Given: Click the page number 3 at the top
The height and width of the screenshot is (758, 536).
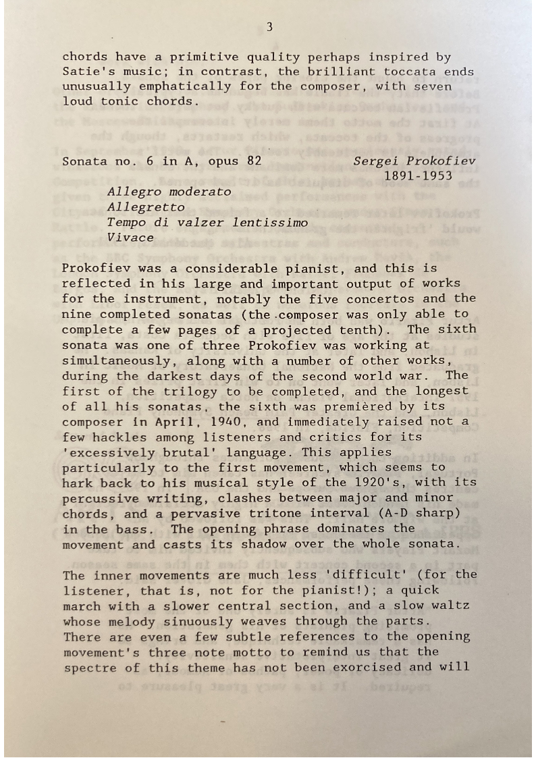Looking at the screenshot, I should (269, 27).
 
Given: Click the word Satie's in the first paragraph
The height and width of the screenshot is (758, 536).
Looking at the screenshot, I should (85, 72).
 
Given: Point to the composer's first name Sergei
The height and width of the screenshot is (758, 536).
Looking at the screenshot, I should (376, 161).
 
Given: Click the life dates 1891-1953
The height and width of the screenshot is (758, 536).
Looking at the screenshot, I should (418, 176).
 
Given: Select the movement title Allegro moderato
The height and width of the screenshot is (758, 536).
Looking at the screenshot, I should (169, 192).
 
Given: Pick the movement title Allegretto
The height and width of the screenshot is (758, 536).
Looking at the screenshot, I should (146, 207).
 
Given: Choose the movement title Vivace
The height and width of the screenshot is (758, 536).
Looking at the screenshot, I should (130, 238).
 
